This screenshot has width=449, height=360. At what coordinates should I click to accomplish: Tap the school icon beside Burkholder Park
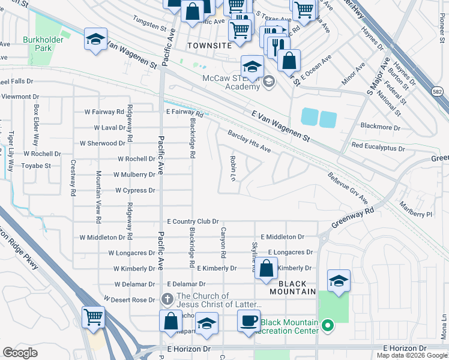pos(95,40)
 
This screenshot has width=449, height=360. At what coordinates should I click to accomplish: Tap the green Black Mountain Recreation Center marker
pos(327,326)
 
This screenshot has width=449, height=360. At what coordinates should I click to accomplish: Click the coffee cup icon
pos(249,320)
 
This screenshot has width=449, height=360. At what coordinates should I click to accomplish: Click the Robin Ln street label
pos(232,168)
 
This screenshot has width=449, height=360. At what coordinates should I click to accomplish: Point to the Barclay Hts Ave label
pos(249,142)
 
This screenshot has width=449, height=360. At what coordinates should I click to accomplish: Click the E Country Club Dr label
pos(193,221)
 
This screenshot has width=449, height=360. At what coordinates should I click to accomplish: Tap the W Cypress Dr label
pos(135,190)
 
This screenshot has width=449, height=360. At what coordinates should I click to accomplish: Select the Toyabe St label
pos(37,165)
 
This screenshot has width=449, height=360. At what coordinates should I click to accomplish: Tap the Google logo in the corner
pos(20,353)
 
